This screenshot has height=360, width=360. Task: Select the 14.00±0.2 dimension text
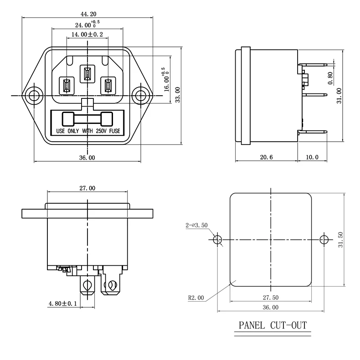point(87,34)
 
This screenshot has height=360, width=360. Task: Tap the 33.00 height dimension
point(178,95)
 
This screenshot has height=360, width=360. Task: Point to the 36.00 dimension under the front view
point(87,158)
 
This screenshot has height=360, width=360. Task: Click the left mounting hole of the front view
point(34,96)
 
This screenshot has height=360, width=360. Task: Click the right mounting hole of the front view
point(141,96)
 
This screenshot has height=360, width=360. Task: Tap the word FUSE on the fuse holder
point(115,131)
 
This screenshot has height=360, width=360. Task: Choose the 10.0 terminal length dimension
point(312,158)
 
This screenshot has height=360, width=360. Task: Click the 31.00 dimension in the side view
point(339,96)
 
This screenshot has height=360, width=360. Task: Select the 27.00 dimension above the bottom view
point(87,188)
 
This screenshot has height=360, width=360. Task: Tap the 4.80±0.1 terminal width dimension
point(63,303)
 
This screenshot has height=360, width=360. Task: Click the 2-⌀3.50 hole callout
point(196,225)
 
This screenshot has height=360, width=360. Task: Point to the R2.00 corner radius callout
point(196,298)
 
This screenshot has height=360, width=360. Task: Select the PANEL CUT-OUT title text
point(273,325)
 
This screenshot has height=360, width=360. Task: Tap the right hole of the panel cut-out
point(324,239)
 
